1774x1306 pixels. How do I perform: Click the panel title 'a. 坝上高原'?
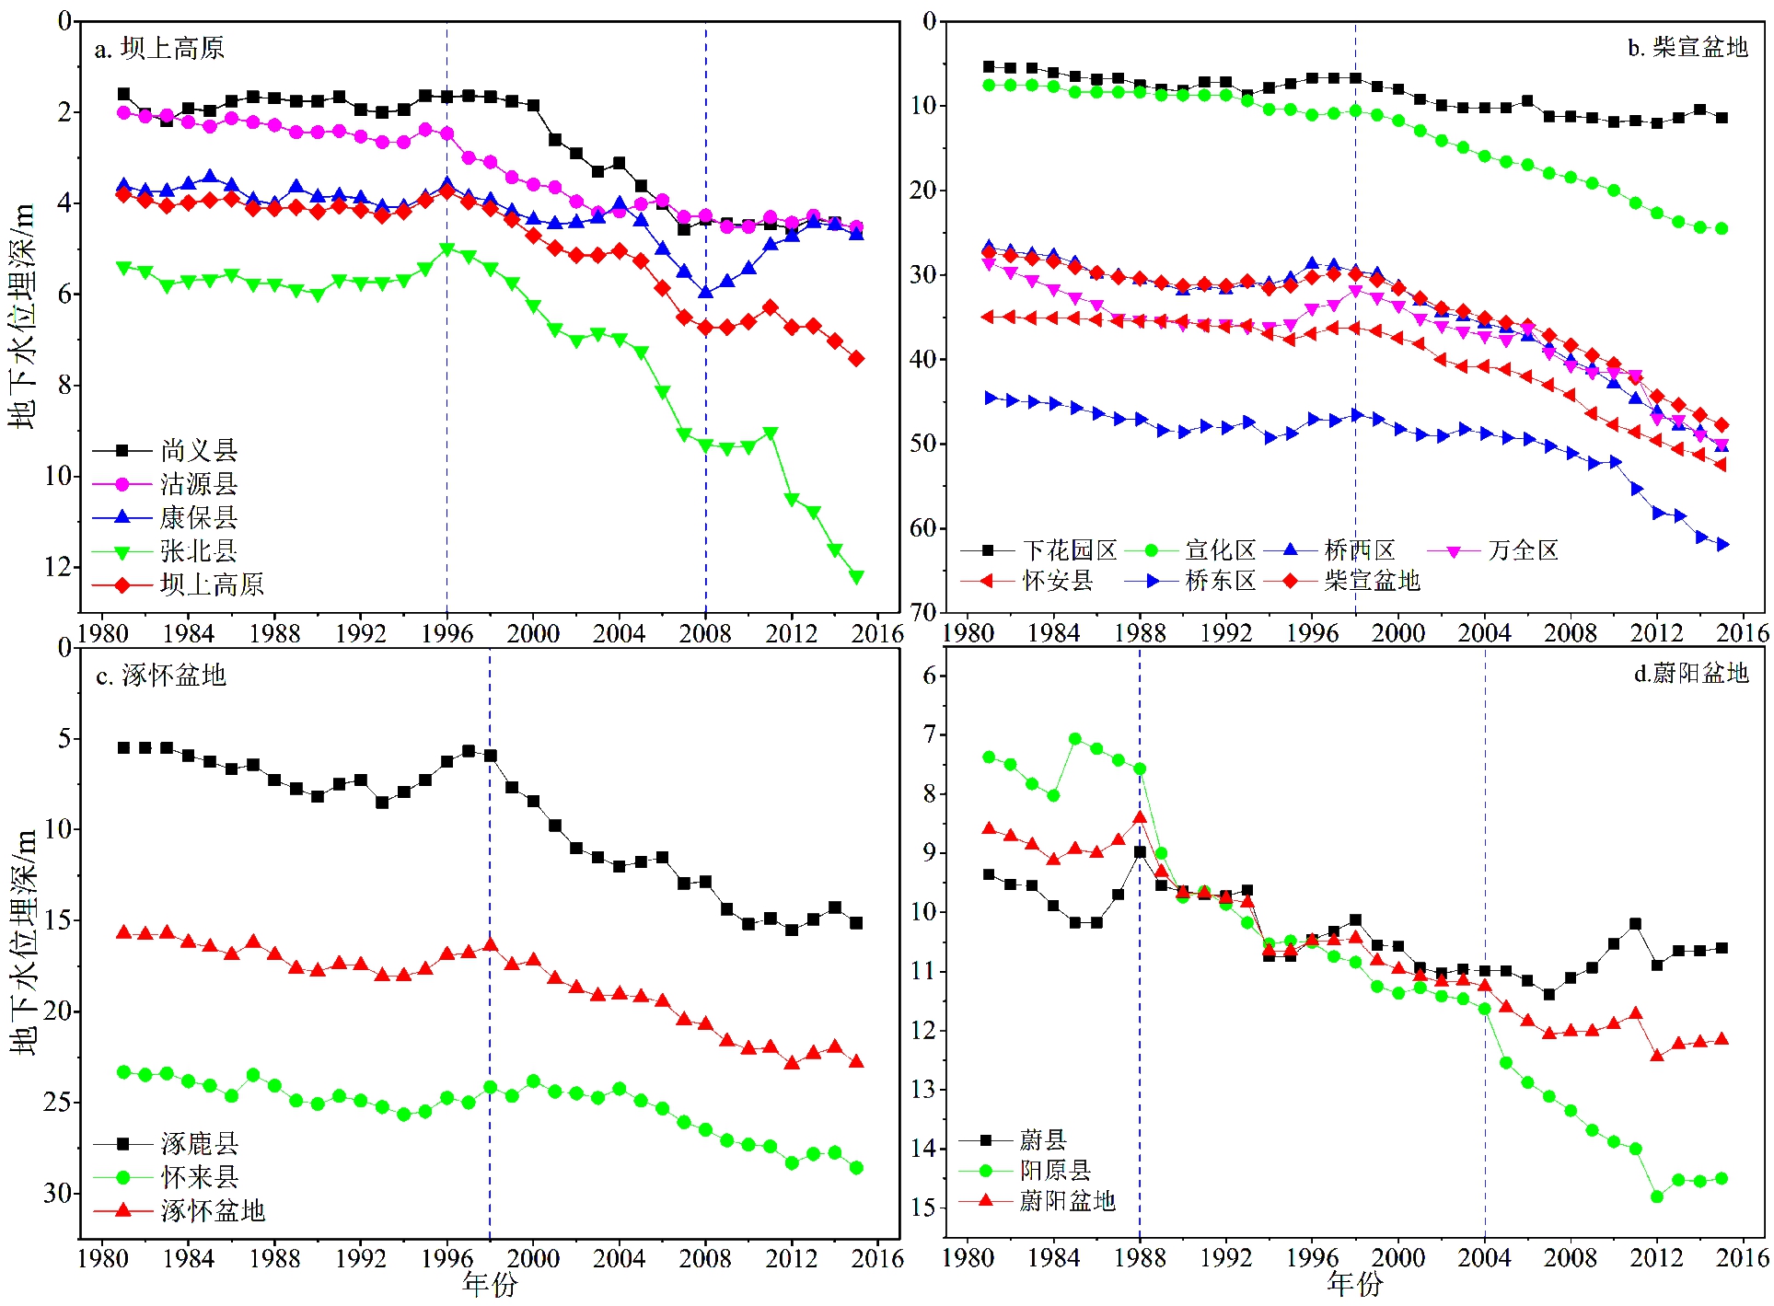click(x=159, y=49)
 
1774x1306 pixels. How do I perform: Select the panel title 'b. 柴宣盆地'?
click(x=1687, y=47)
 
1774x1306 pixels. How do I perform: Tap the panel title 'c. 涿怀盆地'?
click(x=161, y=676)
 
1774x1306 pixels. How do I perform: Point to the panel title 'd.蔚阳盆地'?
click(x=1690, y=674)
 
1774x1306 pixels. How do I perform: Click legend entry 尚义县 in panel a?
click(x=198, y=450)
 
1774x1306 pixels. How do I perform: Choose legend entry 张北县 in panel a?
click(x=198, y=550)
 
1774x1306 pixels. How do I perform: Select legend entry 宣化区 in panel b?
click(x=1220, y=550)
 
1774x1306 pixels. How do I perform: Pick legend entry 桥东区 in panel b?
click(x=1220, y=581)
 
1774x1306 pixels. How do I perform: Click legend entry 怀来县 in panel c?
click(x=199, y=1176)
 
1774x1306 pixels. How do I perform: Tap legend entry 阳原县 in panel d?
click(x=1055, y=1170)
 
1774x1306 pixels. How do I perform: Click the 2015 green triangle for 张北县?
click(x=856, y=577)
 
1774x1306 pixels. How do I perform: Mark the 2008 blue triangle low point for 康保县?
click(x=706, y=292)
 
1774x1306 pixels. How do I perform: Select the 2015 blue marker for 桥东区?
click(x=1722, y=545)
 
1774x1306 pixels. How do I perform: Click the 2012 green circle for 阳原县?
click(x=1657, y=1196)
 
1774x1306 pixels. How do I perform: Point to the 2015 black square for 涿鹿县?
click(x=856, y=923)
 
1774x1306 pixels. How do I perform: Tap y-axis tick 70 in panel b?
click(x=922, y=612)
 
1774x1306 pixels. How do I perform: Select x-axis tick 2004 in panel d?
click(x=1484, y=1258)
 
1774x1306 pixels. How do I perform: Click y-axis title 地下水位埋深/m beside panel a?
click(x=22, y=316)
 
